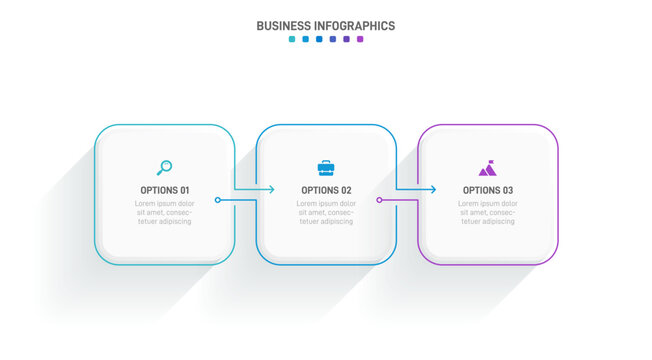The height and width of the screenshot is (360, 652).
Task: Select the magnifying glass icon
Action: click(x=165, y=167)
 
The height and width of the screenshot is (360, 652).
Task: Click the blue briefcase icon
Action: click(x=326, y=167)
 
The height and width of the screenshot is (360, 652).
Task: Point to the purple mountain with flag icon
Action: click(x=487, y=167)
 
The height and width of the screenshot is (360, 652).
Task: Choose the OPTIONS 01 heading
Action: click(x=165, y=190)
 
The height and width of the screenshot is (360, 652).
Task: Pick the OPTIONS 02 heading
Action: click(x=326, y=190)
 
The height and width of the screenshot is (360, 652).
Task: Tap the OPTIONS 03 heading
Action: click(x=488, y=190)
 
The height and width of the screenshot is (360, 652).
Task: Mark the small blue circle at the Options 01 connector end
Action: click(x=218, y=200)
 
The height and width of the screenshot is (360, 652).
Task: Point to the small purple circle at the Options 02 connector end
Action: click(x=379, y=200)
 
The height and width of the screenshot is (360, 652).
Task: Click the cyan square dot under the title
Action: click(x=292, y=40)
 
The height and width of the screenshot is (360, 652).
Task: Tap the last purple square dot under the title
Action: click(x=360, y=40)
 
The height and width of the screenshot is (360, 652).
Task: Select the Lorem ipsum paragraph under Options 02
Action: click(x=326, y=212)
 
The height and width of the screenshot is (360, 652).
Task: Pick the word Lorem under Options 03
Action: click(x=472, y=203)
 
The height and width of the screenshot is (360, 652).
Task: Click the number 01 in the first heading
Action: click(x=184, y=190)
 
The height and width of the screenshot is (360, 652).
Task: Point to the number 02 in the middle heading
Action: click(x=345, y=190)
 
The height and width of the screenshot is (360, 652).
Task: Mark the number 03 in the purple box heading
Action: click(x=507, y=190)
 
